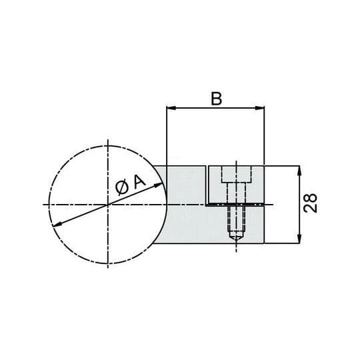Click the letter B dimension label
point(216,99)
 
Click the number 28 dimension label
point(310,203)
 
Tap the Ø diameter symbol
point(122,187)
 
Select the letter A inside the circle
point(139,181)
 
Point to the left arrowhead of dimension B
point(171,108)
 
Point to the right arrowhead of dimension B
point(260,108)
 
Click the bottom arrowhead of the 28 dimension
point(299,238)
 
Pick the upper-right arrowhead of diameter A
point(159,185)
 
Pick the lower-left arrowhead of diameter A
point(57,224)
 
